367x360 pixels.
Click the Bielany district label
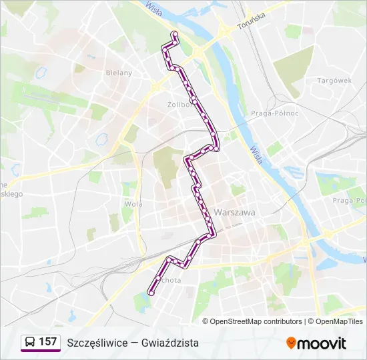pyautogui.click(x=119, y=73)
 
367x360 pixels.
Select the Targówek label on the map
pyautogui.click(x=334, y=81)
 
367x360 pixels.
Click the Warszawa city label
pyautogui.click(x=234, y=212)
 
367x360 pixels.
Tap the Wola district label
pyautogui.click(x=131, y=204)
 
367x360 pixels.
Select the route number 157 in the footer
pyautogui.click(x=47, y=342)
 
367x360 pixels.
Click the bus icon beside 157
pyautogui.click(x=29, y=342)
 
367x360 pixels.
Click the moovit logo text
pyautogui.click(x=322, y=343)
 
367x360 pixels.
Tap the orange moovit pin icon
pyautogui.click(x=291, y=343)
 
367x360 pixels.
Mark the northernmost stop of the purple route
pyautogui.click(x=175, y=34)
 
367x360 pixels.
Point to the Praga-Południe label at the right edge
pyautogui.click(x=350, y=200)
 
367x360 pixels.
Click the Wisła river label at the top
pyautogui.click(x=155, y=11)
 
